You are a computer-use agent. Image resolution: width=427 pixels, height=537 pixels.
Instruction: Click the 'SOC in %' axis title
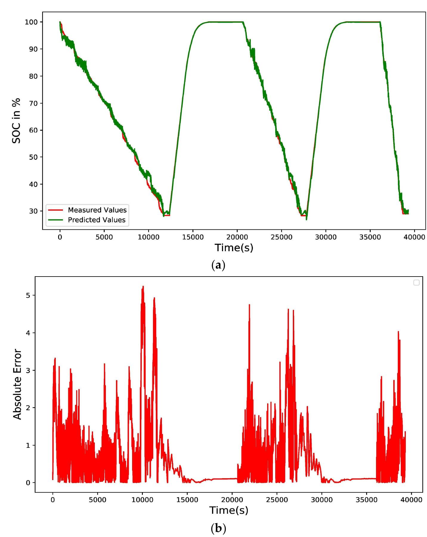point(17,120)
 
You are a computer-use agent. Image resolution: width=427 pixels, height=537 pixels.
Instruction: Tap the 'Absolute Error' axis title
point(17,385)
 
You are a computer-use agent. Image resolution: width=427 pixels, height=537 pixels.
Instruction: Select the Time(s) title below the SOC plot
point(234,248)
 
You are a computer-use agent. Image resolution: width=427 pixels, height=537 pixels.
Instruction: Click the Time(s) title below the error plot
point(229,510)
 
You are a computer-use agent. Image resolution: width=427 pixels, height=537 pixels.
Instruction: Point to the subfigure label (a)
point(218,265)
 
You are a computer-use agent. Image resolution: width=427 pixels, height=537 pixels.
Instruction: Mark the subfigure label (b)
point(218,527)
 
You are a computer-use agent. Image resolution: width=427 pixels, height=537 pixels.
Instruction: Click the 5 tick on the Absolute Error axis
point(28,295)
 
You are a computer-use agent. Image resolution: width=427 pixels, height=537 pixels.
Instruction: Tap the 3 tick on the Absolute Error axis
point(28,370)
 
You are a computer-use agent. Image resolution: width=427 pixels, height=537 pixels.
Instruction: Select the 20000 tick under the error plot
point(232,500)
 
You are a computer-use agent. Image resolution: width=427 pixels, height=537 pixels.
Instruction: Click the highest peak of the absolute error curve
point(143,286)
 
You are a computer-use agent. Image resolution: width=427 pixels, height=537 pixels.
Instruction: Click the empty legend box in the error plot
point(416,283)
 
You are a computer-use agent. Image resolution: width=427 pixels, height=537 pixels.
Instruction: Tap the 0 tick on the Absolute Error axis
point(28,483)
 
